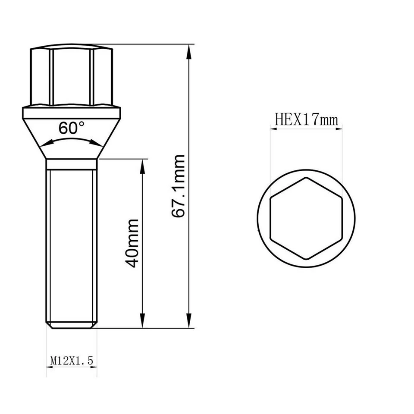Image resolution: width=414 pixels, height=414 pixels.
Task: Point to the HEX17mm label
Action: click(x=306, y=119)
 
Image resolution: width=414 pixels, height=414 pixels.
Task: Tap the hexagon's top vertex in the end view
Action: click(x=306, y=178)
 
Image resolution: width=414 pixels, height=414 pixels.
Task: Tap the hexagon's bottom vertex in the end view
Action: click(x=306, y=260)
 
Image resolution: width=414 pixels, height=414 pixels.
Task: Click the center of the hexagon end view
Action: click(x=306, y=219)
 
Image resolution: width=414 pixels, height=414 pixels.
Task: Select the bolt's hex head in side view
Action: click(x=71, y=75)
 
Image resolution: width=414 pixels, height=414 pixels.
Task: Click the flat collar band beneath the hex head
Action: click(x=71, y=113)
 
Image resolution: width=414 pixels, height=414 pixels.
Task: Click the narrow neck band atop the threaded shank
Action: click(x=71, y=164)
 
